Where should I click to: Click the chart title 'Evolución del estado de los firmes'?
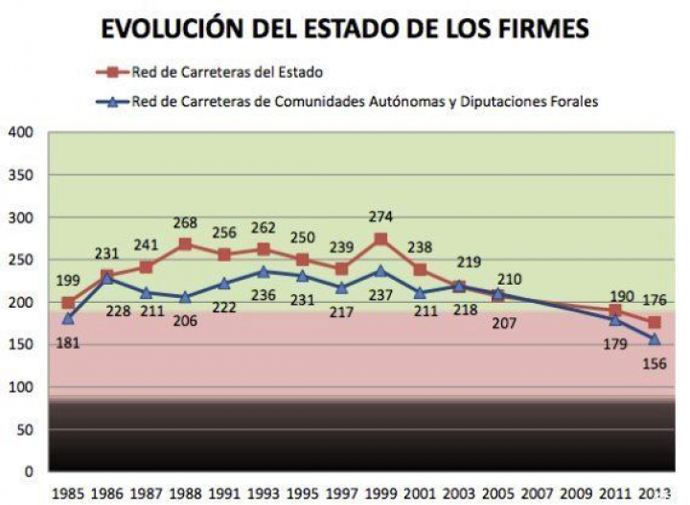(345, 29)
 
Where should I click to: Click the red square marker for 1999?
(380, 240)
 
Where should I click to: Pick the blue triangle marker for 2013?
(655, 339)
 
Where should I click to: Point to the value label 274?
(380, 218)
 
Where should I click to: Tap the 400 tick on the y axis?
(21, 132)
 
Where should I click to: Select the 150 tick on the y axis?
(21, 345)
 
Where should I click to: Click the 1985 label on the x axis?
(68, 493)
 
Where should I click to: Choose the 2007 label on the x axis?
(537, 493)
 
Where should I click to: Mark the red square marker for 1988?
(185, 243)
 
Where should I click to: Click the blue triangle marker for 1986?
(107, 277)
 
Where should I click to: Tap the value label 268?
(185, 223)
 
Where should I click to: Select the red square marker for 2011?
(615, 310)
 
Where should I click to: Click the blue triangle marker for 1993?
(264, 271)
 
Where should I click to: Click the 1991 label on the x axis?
(224, 493)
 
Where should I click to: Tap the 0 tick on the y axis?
(29, 471)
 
